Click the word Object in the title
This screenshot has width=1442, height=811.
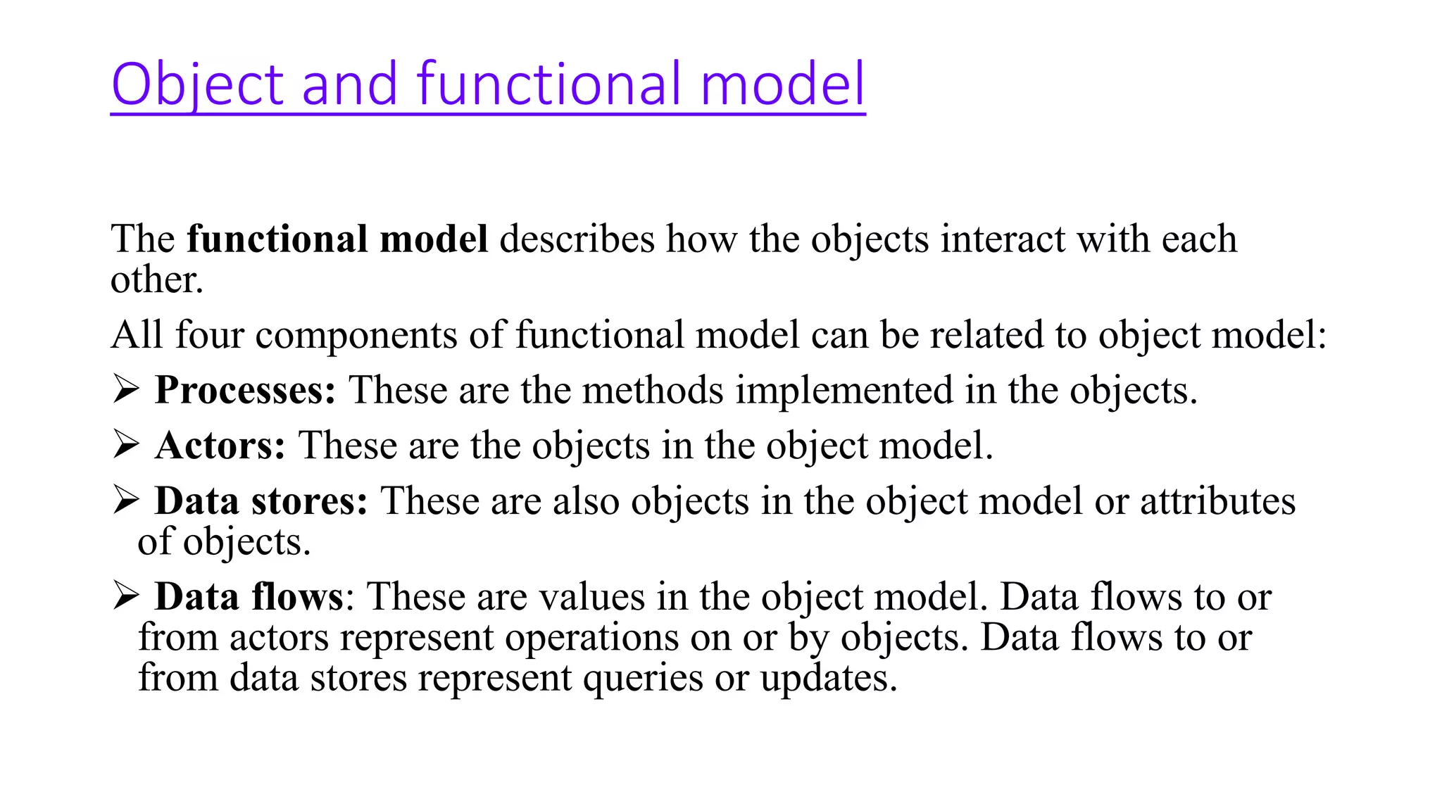(196, 84)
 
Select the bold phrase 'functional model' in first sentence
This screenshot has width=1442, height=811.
(337, 239)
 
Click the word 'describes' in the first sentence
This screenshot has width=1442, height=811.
(577, 239)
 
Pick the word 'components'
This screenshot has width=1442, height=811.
(356, 336)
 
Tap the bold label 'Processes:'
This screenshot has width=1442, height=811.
(245, 390)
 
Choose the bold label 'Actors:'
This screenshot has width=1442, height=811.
(220, 446)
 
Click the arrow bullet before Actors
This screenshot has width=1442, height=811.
(125, 445)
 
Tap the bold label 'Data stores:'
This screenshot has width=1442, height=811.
(261, 501)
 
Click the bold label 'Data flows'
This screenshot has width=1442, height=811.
(249, 597)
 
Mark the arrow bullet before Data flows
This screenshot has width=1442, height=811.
(125, 596)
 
